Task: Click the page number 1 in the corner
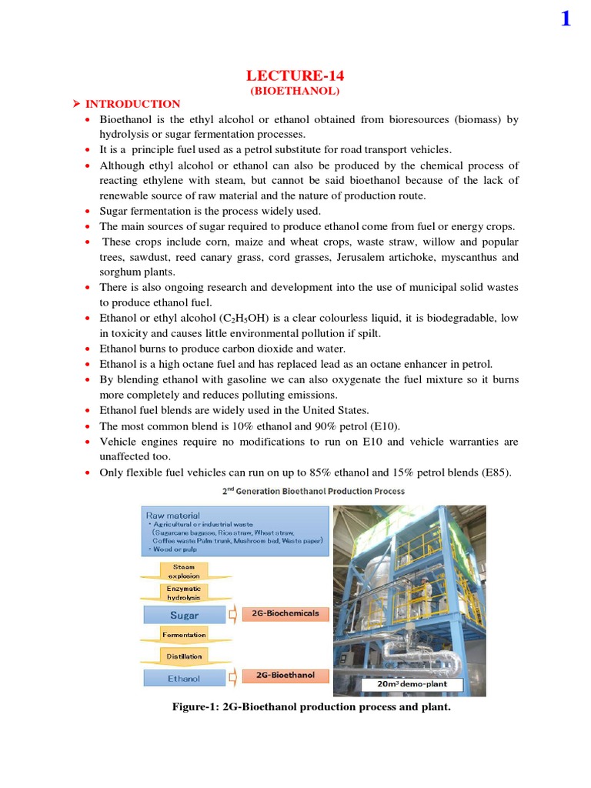(x=566, y=18)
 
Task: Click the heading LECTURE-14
(x=295, y=75)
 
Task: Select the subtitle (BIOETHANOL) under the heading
(x=295, y=90)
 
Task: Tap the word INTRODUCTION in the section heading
(x=132, y=104)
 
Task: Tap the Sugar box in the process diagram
(x=184, y=615)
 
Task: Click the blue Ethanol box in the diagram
(x=184, y=679)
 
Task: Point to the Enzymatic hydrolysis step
(x=184, y=593)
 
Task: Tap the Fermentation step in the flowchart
(x=184, y=635)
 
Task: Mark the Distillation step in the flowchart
(x=184, y=656)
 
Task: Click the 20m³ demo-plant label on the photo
(x=413, y=684)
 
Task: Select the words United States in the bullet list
(x=336, y=410)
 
